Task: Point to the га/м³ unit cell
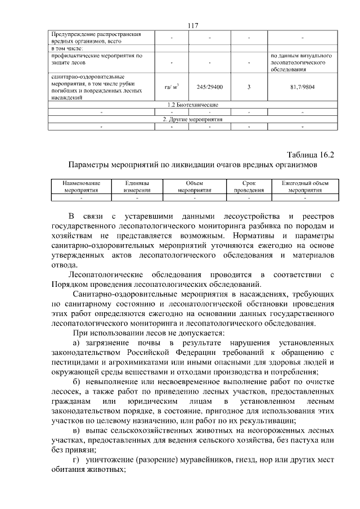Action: (171, 87)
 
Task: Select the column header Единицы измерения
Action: (137, 187)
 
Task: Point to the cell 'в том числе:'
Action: (71, 48)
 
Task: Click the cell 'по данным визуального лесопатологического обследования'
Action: (302, 63)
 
